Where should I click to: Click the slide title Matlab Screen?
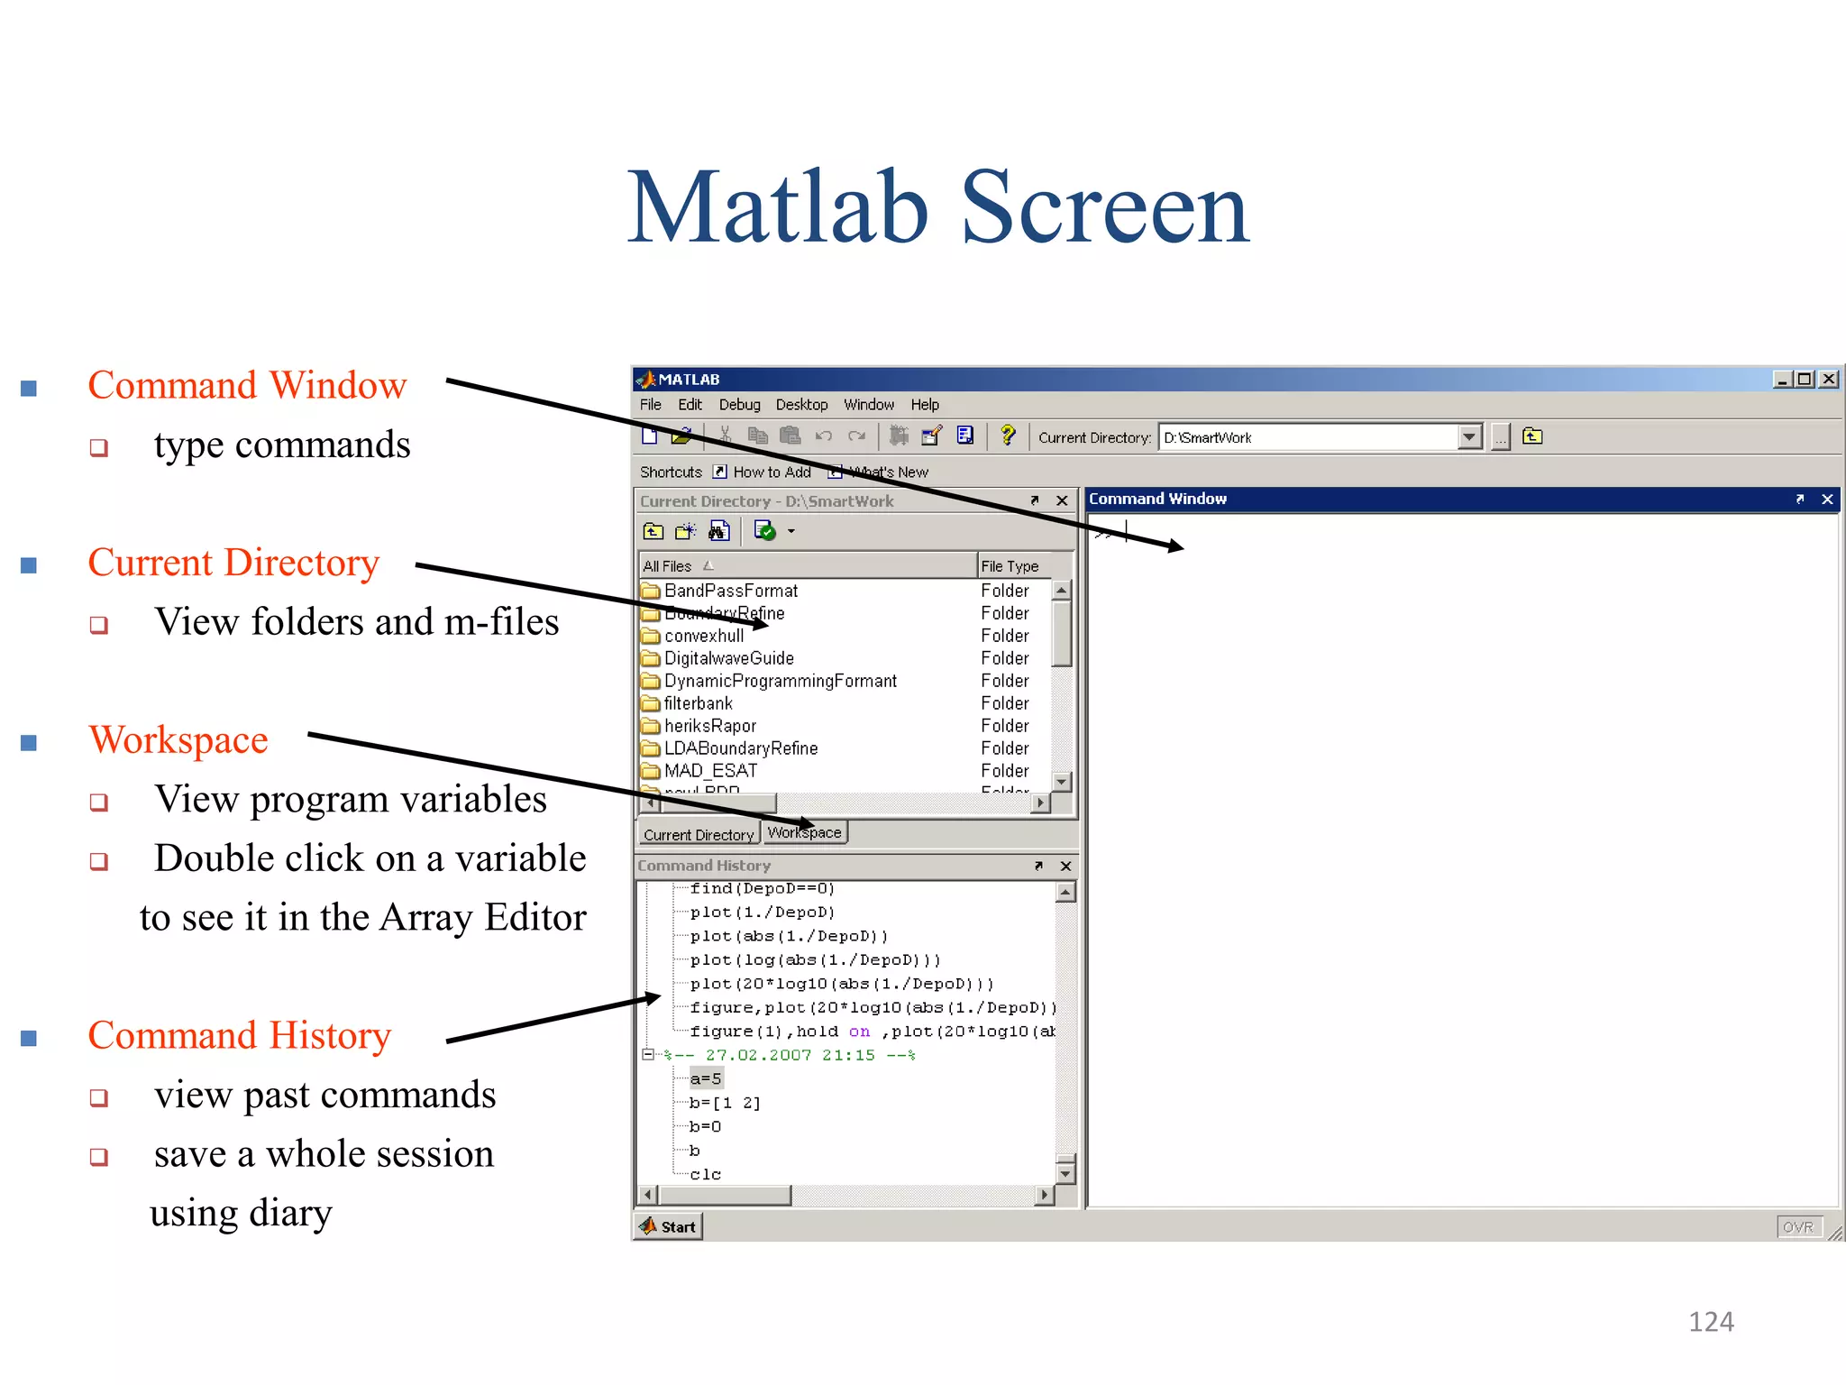point(937,209)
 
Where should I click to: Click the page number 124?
point(1710,1322)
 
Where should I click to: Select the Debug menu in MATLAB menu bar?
point(739,405)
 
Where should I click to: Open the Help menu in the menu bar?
point(924,405)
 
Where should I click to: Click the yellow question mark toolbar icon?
point(1008,436)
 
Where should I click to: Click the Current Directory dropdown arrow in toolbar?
point(1469,437)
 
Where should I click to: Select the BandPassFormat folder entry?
point(730,591)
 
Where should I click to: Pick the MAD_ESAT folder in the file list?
point(710,771)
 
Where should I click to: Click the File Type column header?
point(1010,566)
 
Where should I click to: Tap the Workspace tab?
point(804,832)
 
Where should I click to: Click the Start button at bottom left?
point(668,1226)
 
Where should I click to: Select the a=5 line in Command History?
point(705,1078)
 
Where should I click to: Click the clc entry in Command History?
point(705,1174)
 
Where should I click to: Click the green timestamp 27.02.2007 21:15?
point(789,1055)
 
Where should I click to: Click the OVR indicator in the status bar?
point(1797,1227)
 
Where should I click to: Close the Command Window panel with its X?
point(1827,500)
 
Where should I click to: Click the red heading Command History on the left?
point(239,1035)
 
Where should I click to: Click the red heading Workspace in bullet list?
point(178,739)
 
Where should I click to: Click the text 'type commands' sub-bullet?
point(281,445)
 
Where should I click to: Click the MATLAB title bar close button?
point(1829,380)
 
